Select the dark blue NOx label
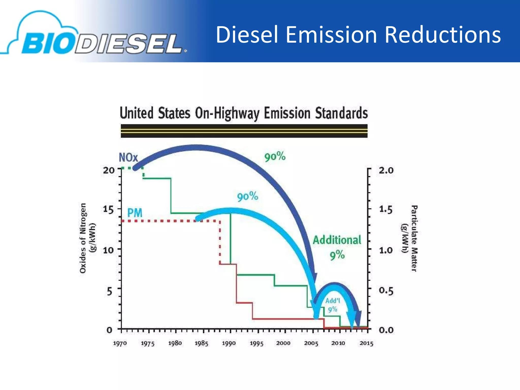(x=128, y=158)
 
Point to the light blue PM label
(x=135, y=213)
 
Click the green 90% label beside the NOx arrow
(x=275, y=156)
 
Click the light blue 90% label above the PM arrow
(x=248, y=197)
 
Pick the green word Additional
(x=337, y=240)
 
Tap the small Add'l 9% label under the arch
(x=333, y=305)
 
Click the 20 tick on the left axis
(x=109, y=170)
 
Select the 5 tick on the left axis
(x=109, y=291)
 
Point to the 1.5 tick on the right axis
(x=386, y=210)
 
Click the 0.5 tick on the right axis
(x=386, y=290)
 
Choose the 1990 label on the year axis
(x=229, y=343)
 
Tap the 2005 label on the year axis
(x=311, y=343)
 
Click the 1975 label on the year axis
(x=148, y=344)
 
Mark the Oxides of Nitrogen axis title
(x=87, y=238)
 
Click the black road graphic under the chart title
(x=244, y=131)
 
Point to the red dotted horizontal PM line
(x=168, y=221)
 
